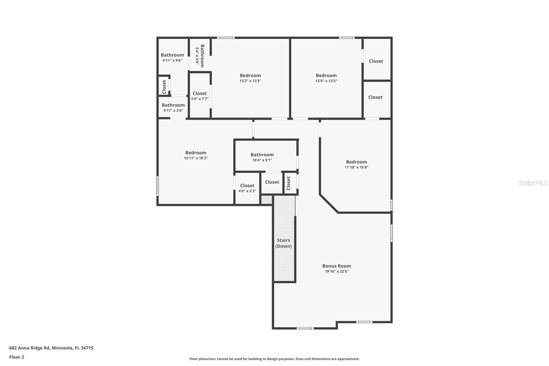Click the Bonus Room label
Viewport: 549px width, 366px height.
[x=336, y=266]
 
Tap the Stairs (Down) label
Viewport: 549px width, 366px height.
[x=283, y=243]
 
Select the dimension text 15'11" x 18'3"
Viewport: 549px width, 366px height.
[x=196, y=158]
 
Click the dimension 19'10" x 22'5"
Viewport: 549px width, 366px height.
[x=336, y=272]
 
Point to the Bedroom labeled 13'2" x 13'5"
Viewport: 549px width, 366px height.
[x=250, y=76]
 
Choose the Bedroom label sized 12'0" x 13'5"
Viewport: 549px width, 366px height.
[x=326, y=76]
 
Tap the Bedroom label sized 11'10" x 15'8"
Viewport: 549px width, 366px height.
[x=356, y=162]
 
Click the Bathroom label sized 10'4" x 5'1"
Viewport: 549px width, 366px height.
[x=262, y=155]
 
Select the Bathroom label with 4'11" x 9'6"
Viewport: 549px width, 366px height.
[x=172, y=55]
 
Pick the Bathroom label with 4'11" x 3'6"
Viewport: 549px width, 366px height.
[x=173, y=105]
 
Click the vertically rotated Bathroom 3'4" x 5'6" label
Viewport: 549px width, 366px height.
[x=202, y=56]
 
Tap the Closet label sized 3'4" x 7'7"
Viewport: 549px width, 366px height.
[x=199, y=93]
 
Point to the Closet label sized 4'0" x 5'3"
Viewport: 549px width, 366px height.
[x=247, y=186]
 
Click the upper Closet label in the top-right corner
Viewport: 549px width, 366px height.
[x=376, y=61]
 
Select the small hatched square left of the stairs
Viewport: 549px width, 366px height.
[x=266, y=200]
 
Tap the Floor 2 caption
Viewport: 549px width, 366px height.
[x=16, y=357]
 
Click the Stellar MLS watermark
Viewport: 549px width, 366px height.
[x=533, y=183]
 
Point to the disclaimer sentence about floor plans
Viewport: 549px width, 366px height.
[x=274, y=359]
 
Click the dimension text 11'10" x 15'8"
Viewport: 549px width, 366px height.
[x=356, y=168]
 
